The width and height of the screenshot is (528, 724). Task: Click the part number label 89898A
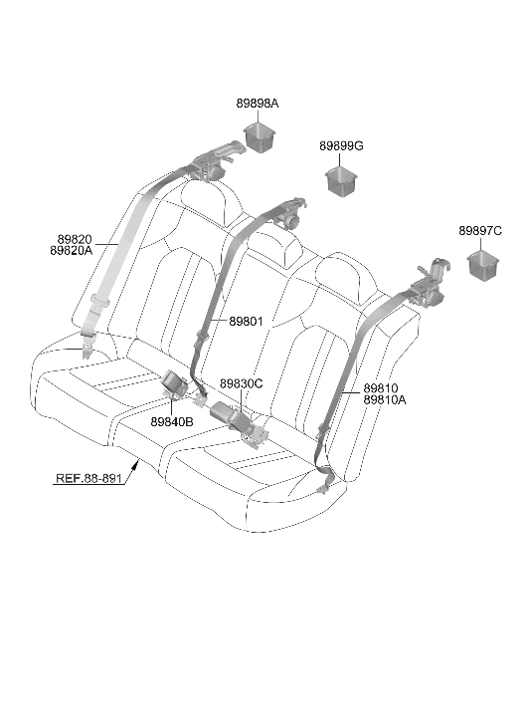click(258, 104)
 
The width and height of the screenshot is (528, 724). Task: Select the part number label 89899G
click(341, 146)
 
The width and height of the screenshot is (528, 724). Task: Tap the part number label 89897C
click(480, 231)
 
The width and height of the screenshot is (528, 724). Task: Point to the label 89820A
click(71, 251)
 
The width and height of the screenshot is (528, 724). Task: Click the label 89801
click(246, 321)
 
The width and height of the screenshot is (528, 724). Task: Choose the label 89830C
click(242, 383)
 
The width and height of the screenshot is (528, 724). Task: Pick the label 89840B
click(172, 421)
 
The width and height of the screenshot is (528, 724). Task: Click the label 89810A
click(385, 400)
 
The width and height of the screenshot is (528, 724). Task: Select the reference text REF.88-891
click(88, 478)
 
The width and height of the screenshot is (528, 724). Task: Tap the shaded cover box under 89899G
click(342, 182)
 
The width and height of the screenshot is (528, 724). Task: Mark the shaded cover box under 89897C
click(483, 266)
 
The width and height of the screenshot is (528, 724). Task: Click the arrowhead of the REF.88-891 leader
click(135, 463)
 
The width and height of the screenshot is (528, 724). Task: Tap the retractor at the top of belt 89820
click(216, 161)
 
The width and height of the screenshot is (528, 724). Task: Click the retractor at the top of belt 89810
click(431, 284)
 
